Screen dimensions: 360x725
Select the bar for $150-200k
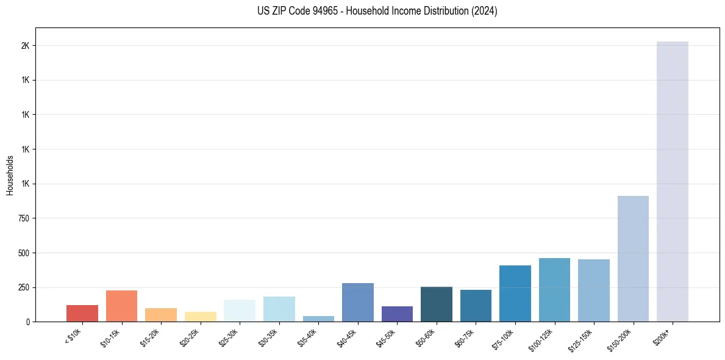pos(633,259)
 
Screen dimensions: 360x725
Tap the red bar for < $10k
pos(82,313)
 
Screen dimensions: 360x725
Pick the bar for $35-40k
pos(318,319)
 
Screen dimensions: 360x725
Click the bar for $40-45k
pos(358,302)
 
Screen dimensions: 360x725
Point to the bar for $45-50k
pos(397,314)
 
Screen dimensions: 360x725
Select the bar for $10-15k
pos(121,306)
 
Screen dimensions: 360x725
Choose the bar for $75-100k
pos(515,293)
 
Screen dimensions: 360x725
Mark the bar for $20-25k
pos(200,317)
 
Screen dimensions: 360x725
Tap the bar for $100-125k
pos(554,290)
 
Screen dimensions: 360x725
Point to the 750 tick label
pos(23,218)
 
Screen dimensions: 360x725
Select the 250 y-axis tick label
pos(23,287)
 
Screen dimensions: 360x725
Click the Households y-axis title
pos(10,175)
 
